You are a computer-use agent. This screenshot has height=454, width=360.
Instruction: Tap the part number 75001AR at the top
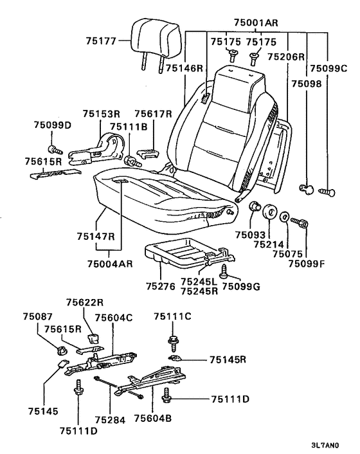point(256,23)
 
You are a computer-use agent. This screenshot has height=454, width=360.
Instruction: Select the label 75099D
point(52,125)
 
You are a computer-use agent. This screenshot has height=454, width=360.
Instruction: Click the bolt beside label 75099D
point(55,150)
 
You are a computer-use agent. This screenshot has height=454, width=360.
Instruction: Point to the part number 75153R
point(102,113)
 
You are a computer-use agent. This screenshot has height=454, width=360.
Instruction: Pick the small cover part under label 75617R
point(148,154)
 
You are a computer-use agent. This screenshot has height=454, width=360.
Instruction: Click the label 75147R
point(96,236)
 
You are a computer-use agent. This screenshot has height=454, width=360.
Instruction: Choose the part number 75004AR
point(110,264)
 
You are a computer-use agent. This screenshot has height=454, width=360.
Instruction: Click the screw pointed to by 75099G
point(224,271)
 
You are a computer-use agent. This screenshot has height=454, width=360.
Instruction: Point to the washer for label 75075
point(285,217)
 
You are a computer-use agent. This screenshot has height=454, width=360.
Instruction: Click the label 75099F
point(307,264)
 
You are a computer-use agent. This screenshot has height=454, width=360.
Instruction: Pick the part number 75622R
point(85,302)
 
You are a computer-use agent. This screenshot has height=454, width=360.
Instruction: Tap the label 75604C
point(114,318)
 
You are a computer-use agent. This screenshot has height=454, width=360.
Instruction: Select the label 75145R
point(228,359)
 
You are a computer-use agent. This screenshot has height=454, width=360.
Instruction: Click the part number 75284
point(110,420)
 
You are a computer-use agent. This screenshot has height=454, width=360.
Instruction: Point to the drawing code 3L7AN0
point(325,445)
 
